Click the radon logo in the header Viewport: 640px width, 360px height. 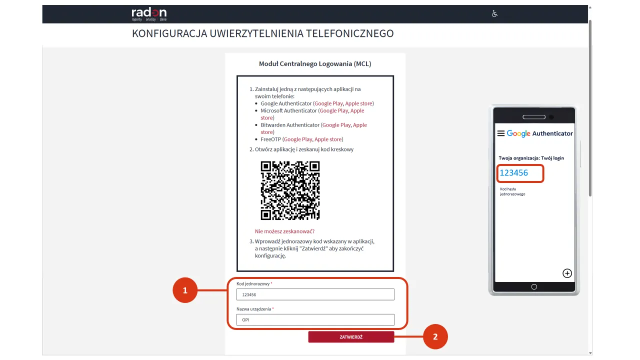pyautogui.click(x=149, y=13)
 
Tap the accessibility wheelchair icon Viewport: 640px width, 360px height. pyautogui.click(x=494, y=14)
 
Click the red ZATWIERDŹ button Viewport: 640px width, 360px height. pyautogui.click(x=351, y=337)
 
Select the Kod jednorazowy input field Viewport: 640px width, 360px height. pyautogui.click(x=315, y=294)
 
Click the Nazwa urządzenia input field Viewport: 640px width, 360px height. pyautogui.click(x=315, y=319)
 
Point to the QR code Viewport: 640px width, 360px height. pyautogui.click(x=290, y=190)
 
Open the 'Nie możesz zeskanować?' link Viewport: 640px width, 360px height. pyautogui.click(x=284, y=231)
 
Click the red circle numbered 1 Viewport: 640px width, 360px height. pyautogui.click(x=185, y=290)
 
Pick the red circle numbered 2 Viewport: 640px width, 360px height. pyautogui.click(x=435, y=337)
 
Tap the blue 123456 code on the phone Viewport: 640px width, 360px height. pyautogui.click(x=514, y=173)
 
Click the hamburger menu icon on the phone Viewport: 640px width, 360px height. pyautogui.click(x=500, y=133)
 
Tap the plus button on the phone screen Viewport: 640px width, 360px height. pyautogui.click(x=567, y=273)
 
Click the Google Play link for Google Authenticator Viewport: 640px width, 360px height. pyautogui.click(x=328, y=103)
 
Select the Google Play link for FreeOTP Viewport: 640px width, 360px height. pyautogui.click(x=298, y=139)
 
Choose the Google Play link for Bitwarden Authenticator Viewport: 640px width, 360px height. pyautogui.click(x=336, y=125)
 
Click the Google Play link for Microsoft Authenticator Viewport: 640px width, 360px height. pyautogui.click(x=334, y=110)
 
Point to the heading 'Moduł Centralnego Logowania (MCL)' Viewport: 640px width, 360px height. pyautogui.click(x=315, y=64)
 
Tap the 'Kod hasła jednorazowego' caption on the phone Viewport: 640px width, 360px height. pyautogui.click(x=512, y=191)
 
